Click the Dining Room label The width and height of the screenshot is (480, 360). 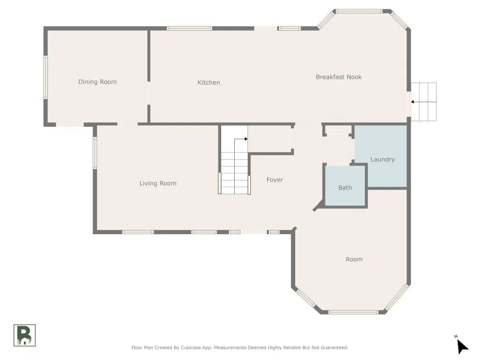pyautogui.click(x=97, y=82)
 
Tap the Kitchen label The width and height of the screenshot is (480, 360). pyautogui.click(x=208, y=83)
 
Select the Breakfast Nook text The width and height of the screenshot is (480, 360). pyautogui.click(x=338, y=77)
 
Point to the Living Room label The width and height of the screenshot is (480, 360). pyautogui.click(x=158, y=183)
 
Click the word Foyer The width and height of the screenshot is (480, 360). pyautogui.click(x=275, y=180)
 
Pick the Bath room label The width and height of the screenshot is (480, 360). pyautogui.click(x=345, y=187)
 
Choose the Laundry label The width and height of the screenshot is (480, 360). pyautogui.click(x=383, y=159)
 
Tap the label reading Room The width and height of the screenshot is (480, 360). pyautogui.click(x=354, y=259)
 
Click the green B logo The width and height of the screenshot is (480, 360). pyautogui.click(x=24, y=335)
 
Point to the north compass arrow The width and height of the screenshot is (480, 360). pyautogui.click(x=462, y=346)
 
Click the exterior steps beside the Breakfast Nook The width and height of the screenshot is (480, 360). pyautogui.click(x=424, y=102)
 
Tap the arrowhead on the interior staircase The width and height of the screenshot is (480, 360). pyautogui.click(x=246, y=139)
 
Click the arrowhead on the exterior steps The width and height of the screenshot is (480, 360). pyautogui.click(x=412, y=102)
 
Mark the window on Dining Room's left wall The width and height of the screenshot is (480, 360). pyautogui.click(x=45, y=77)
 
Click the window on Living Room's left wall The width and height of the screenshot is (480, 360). pyautogui.click(x=95, y=153)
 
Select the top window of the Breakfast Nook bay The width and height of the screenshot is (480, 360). pyautogui.click(x=359, y=12)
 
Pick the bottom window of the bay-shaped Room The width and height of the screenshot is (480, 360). pyautogui.click(x=353, y=312)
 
